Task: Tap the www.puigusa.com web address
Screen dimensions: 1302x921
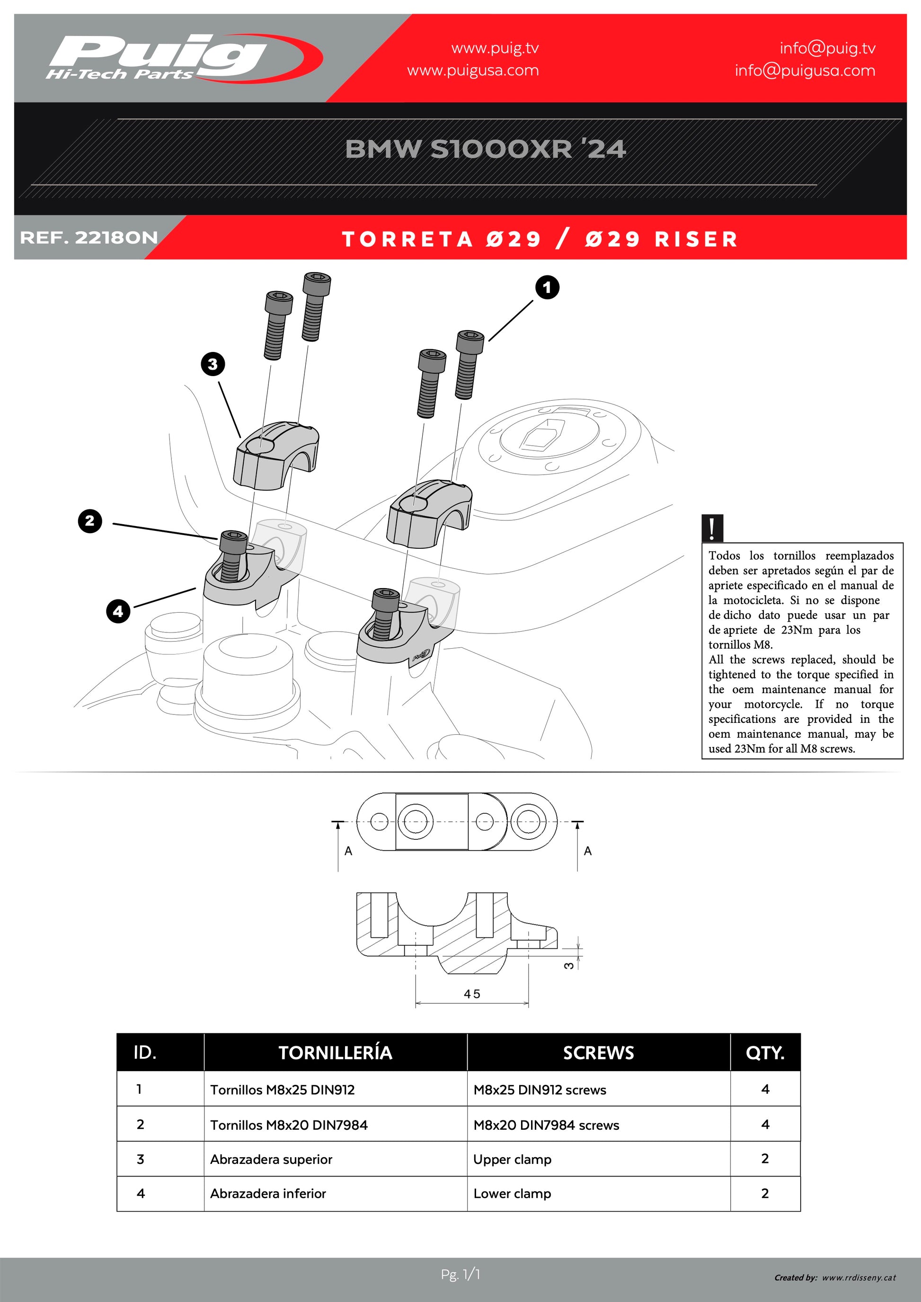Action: [x=473, y=71]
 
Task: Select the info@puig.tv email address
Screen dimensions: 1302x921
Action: [x=827, y=48]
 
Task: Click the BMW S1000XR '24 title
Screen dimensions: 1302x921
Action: [x=486, y=149]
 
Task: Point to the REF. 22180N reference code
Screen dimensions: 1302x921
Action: [x=89, y=238]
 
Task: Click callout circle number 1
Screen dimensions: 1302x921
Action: [x=547, y=288]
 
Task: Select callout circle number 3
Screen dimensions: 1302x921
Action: [x=213, y=364]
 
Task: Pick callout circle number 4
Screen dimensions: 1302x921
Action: [x=118, y=611]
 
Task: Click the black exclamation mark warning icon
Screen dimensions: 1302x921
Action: [x=712, y=528]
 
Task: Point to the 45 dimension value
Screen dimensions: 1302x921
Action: [x=472, y=994]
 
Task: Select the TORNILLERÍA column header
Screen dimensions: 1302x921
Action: [x=335, y=1053]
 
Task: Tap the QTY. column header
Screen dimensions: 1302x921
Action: [x=765, y=1053]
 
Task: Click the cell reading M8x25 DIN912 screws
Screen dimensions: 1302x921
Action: [x=540, y=1090]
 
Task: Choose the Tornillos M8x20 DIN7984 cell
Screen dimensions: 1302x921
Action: [x=289, y=1125]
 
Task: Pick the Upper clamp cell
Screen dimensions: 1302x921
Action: [x=512, y=1160]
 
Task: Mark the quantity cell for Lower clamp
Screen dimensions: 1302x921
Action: [x=765, y=1194]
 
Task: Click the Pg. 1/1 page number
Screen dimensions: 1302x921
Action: [x=460, y=1275]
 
